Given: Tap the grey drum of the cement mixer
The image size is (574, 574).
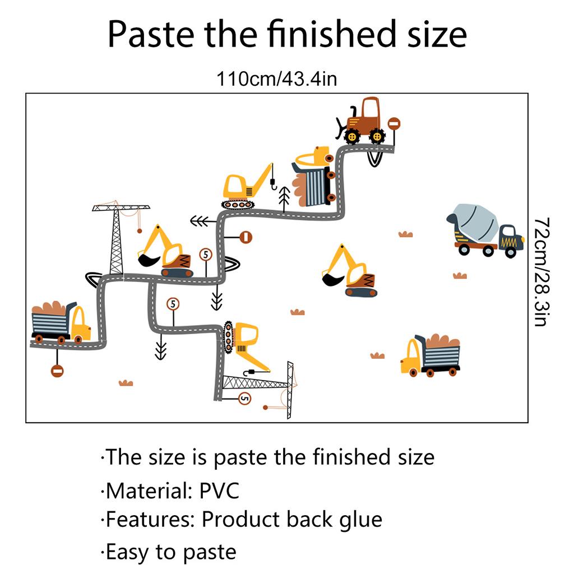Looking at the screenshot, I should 475,221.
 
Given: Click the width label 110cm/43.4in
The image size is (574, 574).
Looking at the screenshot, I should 277,79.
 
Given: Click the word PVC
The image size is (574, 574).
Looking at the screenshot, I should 219,490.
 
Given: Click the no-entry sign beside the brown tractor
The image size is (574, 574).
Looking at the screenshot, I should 394,124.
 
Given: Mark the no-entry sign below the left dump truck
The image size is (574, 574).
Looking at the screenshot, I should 57,371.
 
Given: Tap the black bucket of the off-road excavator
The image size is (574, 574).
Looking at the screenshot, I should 331,277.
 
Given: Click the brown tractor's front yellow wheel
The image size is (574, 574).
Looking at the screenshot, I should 352,136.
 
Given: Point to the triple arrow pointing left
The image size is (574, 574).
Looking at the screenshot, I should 200,221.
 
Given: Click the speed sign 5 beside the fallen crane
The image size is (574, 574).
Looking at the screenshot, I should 244,399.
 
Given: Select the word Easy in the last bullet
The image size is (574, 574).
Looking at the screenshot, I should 129,552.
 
